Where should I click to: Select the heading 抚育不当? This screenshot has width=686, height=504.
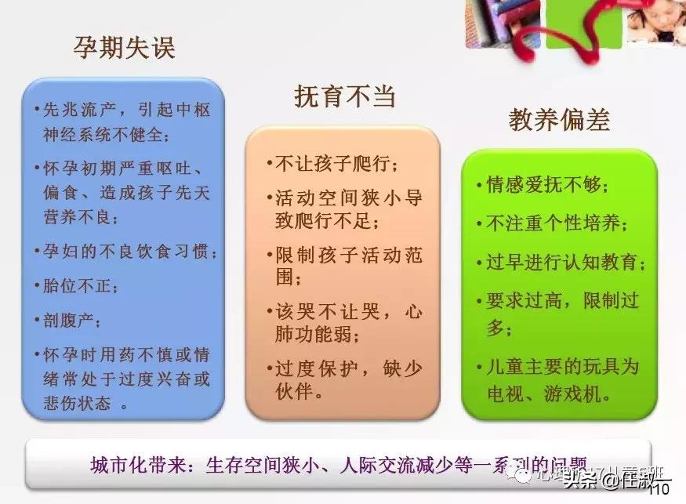[x=344, y=96]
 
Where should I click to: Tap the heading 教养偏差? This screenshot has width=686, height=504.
[x=558, y=120]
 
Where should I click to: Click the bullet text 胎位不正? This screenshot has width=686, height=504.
[x=81, y=285]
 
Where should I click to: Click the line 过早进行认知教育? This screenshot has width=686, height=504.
[x=561, y=262]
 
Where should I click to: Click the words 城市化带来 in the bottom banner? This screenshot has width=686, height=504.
[x=138, y=464]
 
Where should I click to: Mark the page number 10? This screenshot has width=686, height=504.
[x=659, y=491]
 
